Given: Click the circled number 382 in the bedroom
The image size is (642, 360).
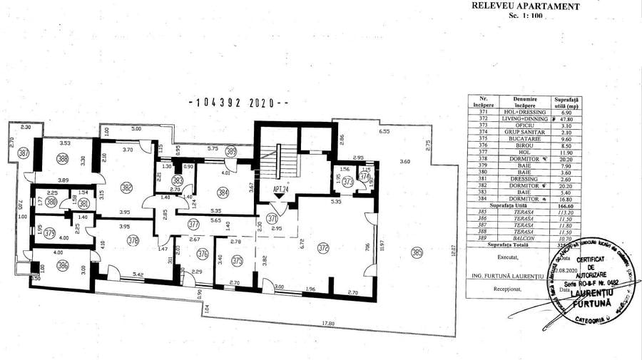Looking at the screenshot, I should click(127, 187).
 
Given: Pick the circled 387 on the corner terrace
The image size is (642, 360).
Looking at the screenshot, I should click(24, 153).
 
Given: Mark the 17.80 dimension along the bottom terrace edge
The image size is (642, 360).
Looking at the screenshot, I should click(327, 324).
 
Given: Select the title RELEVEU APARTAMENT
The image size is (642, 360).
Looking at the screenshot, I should click(524, 6).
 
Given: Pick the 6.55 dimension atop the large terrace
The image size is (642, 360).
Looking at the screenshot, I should click(384, 132).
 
